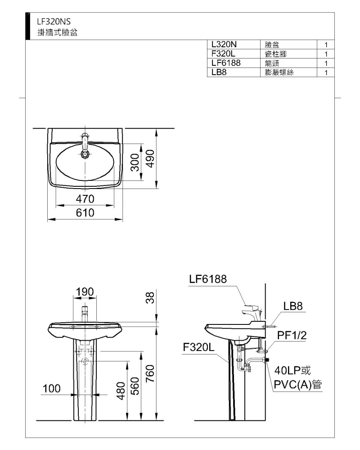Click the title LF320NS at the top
click(54, 22)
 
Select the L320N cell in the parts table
click(224, 45)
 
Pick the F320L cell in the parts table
click(223, 54)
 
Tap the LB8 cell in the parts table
click(219, 72)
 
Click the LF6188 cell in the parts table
click(226, 63)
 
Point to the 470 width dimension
click(85, 199)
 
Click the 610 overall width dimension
click(85, 213)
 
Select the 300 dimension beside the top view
click(135, 162)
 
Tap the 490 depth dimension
click(150, 159)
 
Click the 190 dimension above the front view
click(85, 292)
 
